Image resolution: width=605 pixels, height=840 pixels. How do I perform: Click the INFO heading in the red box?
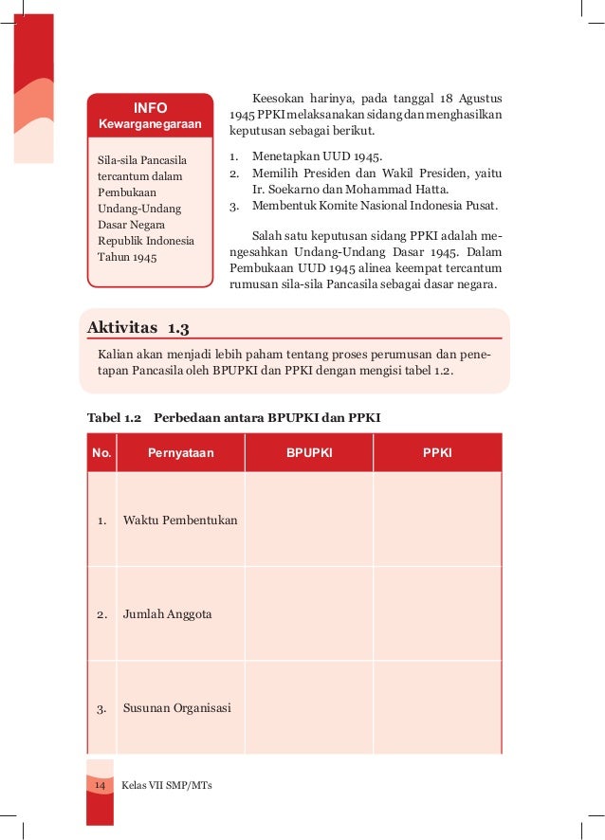coord(150,108)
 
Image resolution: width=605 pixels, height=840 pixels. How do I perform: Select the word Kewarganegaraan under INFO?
coord(150,126)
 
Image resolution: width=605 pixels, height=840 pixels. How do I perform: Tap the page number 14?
coord(100,786)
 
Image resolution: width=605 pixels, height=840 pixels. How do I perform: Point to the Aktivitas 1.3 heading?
coord(138,328)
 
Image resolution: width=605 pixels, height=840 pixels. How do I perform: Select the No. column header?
coord(101,453)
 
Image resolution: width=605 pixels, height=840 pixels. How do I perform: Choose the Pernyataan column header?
coord(180,453)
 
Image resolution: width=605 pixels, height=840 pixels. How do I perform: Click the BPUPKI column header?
coord(309,453)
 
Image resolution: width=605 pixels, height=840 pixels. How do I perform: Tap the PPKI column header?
coord(437,453)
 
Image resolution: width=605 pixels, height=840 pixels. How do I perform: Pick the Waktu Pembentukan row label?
coord(180,520)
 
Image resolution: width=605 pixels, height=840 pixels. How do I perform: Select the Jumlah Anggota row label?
coord(168,614)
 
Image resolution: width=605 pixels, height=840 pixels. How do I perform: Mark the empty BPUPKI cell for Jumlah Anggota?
coord(309,614)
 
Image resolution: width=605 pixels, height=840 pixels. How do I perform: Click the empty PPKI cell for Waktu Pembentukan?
coord(437,520)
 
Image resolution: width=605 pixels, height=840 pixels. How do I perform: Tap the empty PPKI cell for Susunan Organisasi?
coord(437,707)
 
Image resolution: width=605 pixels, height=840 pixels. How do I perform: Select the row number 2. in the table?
coord(101,614)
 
